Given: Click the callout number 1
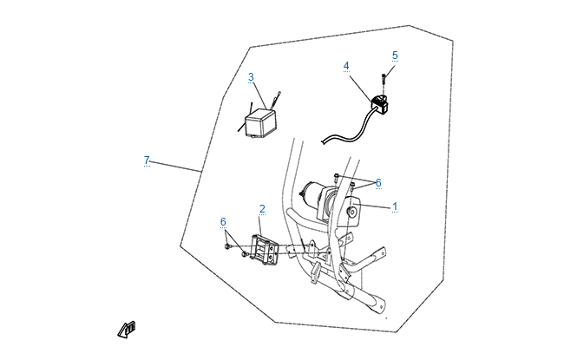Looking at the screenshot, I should point(395,206).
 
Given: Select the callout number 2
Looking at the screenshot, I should point(262,209).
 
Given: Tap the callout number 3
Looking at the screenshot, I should point(251,77).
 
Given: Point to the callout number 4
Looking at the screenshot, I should point(346,66).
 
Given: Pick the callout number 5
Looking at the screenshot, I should point(395,56).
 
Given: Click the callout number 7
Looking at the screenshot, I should point(147,160).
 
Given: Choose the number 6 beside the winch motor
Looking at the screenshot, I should point(378,182).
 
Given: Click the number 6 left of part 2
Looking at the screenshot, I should point(223,221).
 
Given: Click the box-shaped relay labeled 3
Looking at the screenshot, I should point(259,122).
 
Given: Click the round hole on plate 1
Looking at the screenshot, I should point(353,213).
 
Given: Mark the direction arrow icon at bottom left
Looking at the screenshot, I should point(127,328).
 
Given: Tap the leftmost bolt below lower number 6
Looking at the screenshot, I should point(227,247).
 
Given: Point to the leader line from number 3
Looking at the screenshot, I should point(262,95).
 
